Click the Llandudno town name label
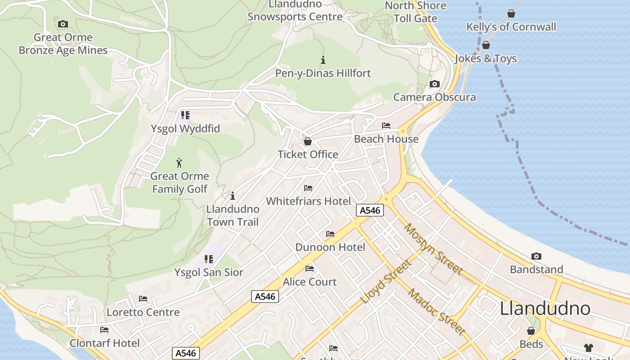(x=545, y=309)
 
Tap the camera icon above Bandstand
(x=536, y=256)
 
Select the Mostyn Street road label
(x=433, y=248)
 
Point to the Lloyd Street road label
(x=386, y=282)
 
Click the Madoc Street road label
(x=436, y=312)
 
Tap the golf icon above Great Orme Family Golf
(x=180, y=162)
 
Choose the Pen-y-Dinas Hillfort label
(x=323, y=73)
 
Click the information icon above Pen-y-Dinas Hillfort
(x=323, y=60)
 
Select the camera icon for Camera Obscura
(x=434, y=84)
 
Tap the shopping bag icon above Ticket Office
(x=308, y=141)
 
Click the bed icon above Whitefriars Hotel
(x=308, y=188)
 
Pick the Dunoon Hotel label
(x=330, y=247)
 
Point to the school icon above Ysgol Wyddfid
(x=185, y=115)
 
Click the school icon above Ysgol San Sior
(x=209, y=259)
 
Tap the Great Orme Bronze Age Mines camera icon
(x=63, y=24)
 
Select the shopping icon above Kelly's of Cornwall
(x=511, y=14)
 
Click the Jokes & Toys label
(x=486, y=58)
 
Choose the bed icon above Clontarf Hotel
(x=104, y=330)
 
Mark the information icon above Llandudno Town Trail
(x=233, y=196)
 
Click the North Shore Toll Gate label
(x=415, y=12)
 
